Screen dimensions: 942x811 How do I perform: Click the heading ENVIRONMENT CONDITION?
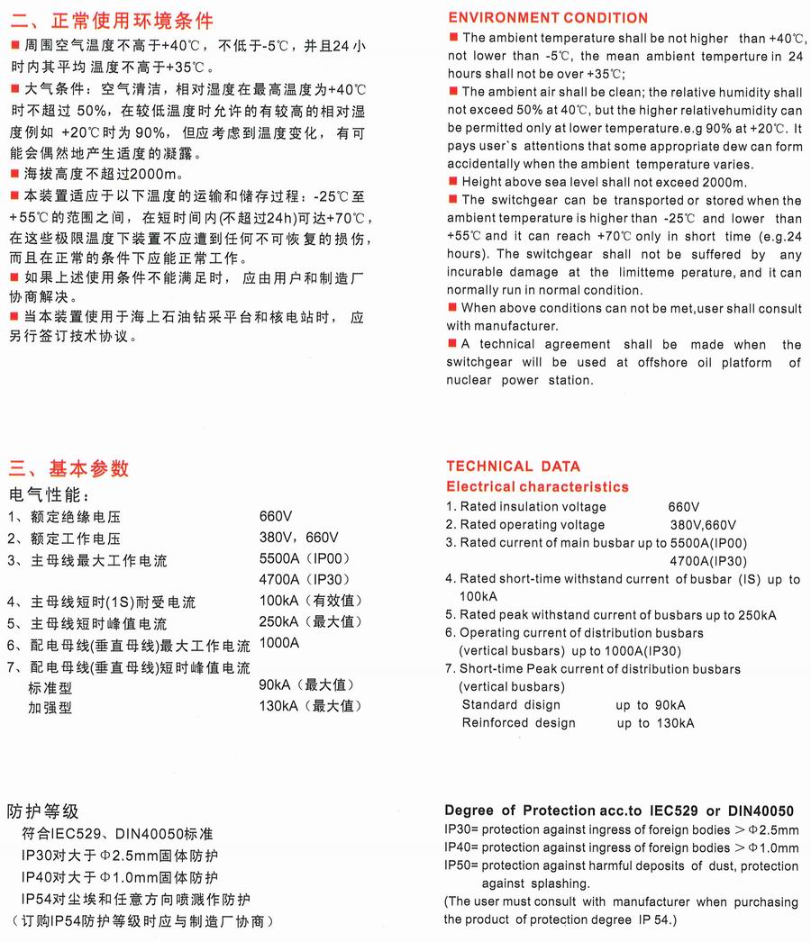547,18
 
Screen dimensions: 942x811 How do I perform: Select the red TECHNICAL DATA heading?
513,466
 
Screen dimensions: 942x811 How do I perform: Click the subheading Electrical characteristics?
537,486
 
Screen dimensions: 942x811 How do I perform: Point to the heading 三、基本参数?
69,468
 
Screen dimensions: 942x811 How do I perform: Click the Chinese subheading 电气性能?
50,494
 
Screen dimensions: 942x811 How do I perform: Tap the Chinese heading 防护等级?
43,811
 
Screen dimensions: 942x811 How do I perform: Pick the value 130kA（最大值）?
310,705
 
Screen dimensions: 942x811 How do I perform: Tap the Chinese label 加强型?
50,708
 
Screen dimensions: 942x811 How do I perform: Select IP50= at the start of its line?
461,865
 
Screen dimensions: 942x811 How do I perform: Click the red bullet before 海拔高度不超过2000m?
13,173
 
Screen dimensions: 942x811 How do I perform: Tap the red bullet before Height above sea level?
452,182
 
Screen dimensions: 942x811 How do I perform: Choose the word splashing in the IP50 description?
560,883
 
